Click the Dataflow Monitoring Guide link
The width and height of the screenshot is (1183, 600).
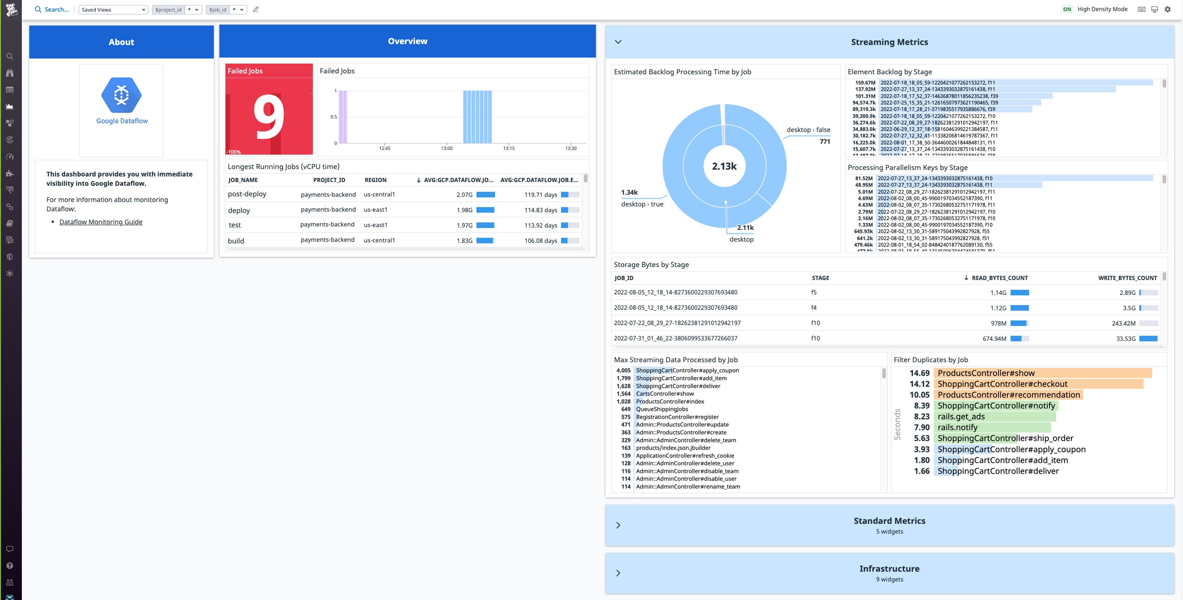tap(101, 222)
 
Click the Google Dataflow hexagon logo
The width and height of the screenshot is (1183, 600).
tap(121, 95)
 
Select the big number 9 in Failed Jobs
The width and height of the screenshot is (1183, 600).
tap(269, 117)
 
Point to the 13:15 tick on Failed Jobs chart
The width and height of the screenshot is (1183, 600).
tap(509, 148)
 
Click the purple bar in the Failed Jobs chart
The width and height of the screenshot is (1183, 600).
tap(343, 117)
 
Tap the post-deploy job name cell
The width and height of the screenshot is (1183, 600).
tap(247, 194)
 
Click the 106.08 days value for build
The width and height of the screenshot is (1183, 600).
tap(541, 241)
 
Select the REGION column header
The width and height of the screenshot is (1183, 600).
tap(375, 180)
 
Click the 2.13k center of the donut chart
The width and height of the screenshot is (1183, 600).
tap(724, 166)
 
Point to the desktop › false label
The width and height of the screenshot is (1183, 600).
tap(808, 130)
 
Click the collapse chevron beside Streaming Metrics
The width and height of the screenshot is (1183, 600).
tap(618, 42)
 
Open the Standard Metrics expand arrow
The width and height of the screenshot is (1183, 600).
tap(618, 525)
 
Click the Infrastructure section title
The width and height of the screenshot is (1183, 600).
tap(889, 569)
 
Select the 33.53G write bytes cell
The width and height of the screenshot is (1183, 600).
tap(1125, 339)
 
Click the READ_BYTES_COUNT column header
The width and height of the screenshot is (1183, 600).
tap(999, 278)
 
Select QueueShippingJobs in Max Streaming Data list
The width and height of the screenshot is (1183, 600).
tap(661, 409)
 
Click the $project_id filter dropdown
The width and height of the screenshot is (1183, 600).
tap(177, 10)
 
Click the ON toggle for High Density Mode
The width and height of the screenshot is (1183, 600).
tap(1067, 9)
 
